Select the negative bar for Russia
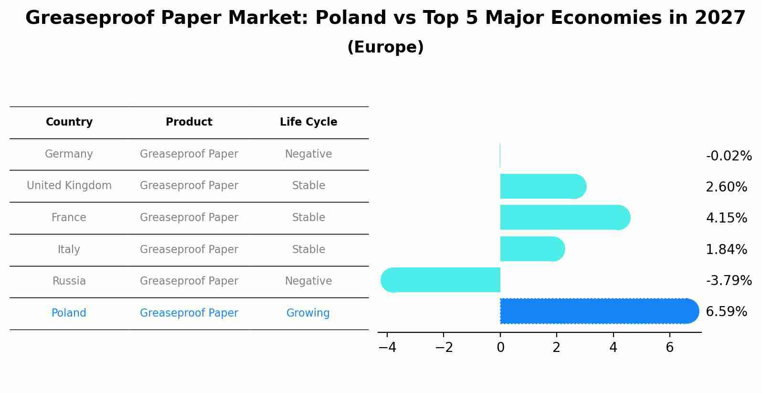(442, 280)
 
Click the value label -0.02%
(729, 156)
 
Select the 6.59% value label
(726, 312)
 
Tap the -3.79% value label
(729, 281)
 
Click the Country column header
(69, 122)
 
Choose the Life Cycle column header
(308, 122)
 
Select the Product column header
(189, 122)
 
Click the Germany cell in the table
(69, 154)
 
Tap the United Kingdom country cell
(69, 186)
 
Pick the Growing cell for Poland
(308, 313)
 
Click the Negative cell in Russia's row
(308, 281)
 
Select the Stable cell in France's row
(308, 218)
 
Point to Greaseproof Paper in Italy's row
(189, 250)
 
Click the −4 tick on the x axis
(387, 348)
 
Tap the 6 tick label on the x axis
(669, 348)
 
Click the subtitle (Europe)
(385, 47)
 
